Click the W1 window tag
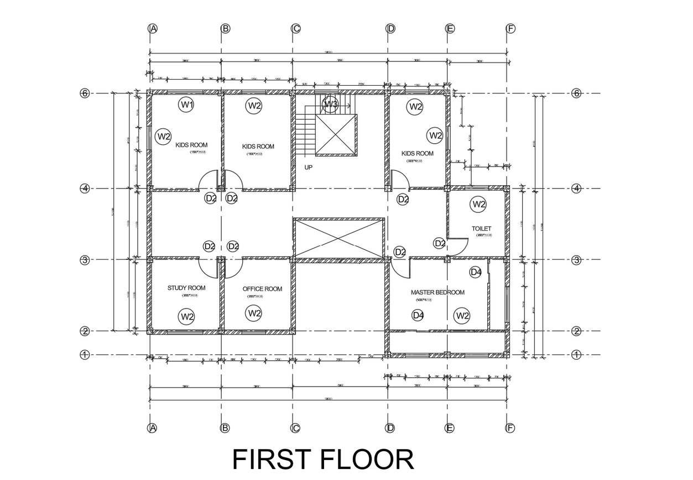tap(186, 104)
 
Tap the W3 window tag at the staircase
tap(331, 103)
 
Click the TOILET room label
tap(481, 228)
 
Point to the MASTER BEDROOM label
tap(437, 292)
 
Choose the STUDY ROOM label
tap(186, 288)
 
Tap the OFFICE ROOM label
tap(262, 289)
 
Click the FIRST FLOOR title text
tap(323, 460)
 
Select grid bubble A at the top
tap(153, 29)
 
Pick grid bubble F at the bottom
tap(510, 428)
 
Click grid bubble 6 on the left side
tap(85, 93)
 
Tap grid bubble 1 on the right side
tap(576, 354)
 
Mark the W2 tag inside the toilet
tap(478, 205)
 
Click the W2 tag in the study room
tap(187, 317)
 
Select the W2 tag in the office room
tap(254, 314)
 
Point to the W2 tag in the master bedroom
tap(462, 316)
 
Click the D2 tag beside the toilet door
tap(440, 243)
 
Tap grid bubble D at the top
tap(391, 29)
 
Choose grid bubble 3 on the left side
tap(85, 260)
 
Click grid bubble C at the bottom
tap(295, 428)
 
